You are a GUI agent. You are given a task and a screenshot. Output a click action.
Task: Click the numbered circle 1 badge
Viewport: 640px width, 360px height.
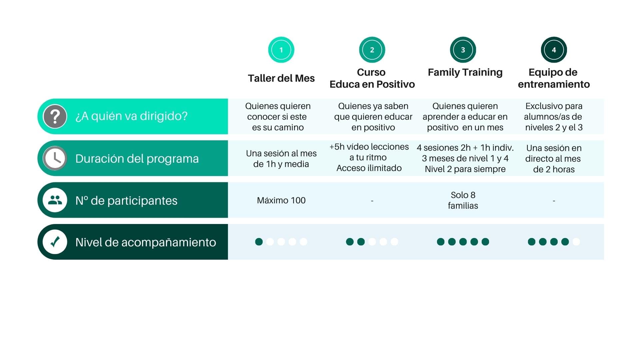(281, 50)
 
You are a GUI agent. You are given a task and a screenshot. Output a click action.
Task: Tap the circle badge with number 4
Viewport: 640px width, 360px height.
(554, 50)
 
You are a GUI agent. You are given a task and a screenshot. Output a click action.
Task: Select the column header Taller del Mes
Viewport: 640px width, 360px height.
(281, 78)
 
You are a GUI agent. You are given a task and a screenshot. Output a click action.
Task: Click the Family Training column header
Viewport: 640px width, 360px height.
(465, 73)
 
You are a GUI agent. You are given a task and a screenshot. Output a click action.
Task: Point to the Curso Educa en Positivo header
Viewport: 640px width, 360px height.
(372, 78)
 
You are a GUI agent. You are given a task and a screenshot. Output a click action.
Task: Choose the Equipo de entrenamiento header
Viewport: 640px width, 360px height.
(554, 78)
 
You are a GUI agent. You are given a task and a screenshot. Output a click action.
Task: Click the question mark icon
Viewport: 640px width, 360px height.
(55, 116)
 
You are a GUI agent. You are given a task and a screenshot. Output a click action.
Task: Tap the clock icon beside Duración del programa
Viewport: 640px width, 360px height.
(55, 158)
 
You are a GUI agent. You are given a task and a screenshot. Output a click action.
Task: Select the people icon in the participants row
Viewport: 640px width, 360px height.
(55, 200)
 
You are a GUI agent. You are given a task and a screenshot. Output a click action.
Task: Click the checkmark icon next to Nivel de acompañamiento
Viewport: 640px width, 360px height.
(55, 242)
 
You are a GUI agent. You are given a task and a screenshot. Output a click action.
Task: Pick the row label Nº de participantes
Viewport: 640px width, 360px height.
(126, 201)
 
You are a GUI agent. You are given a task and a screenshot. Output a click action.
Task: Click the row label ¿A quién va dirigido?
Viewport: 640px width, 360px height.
(131, 116)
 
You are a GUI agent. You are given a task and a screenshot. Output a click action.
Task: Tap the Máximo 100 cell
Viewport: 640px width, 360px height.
(281, 200)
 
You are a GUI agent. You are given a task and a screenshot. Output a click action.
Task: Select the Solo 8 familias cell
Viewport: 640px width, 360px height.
(463, 200)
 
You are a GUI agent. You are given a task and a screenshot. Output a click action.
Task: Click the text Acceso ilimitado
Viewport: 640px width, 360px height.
(369, 168)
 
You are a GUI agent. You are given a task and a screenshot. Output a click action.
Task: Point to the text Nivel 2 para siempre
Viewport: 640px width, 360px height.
(465, 169)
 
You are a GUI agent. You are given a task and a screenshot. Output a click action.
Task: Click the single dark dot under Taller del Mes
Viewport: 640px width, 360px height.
(259, 242)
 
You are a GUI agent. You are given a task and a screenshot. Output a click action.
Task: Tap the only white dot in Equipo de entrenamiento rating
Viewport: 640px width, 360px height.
(576, 242)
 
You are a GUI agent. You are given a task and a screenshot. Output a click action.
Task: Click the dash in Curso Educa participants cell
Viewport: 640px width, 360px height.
(372, 201)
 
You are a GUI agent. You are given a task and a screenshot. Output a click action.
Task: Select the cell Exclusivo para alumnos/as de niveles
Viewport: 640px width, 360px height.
(554, 117)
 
